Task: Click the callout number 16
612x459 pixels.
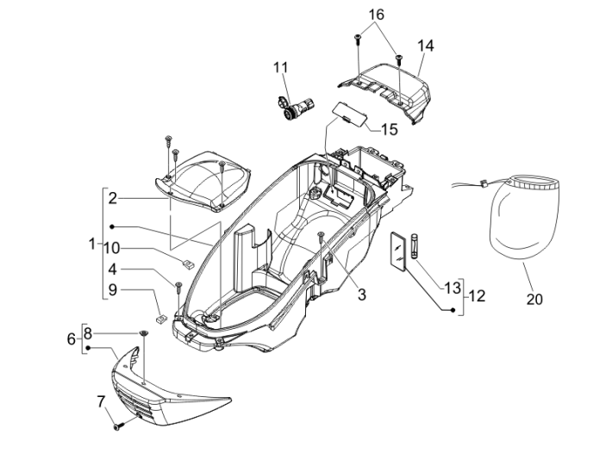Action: (x=377, y=15)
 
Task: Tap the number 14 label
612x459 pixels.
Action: (x=427, y=46)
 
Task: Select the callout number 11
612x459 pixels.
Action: (x=281, y=68)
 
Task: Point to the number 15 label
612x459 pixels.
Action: (x=389, y=129)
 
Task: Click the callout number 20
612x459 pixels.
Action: (x=534, y=300)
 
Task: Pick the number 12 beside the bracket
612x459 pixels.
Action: (x=476, y=295)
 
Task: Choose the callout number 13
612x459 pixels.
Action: (x=453, y=287)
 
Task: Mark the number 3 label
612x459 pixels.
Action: (x=362, y=295)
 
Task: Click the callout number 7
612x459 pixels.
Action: (x=101, y=400)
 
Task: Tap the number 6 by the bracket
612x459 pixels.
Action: (x=72, y=339)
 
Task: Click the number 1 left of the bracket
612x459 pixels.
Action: (x=92, y=243)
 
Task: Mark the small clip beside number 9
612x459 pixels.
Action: (x=160, y=314)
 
